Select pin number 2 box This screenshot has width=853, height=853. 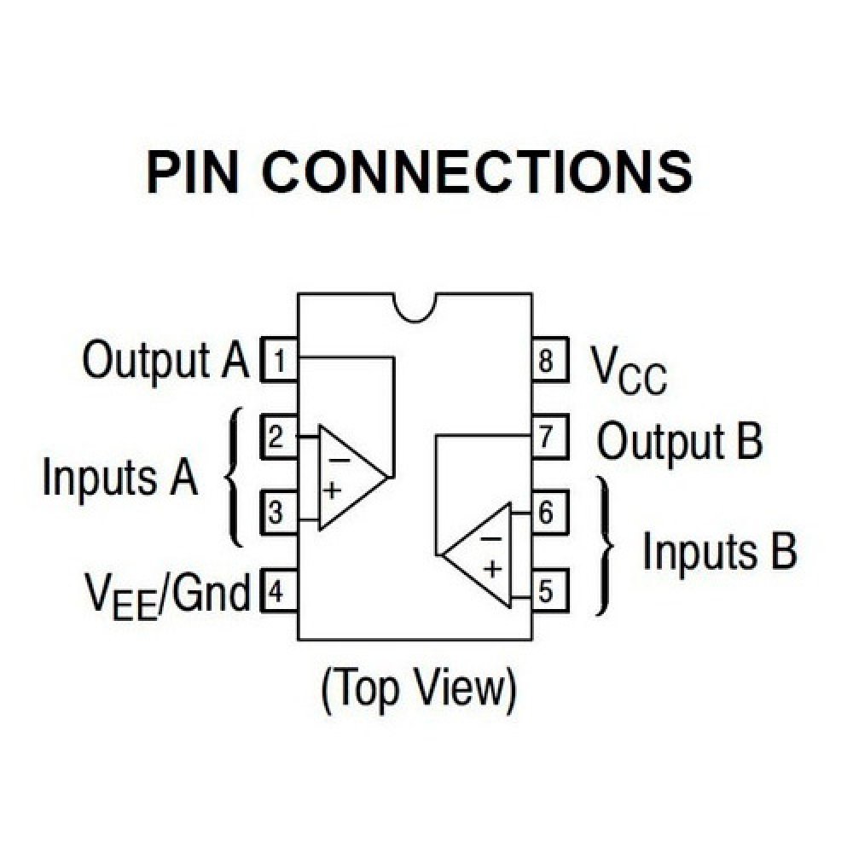[x=278, y=438]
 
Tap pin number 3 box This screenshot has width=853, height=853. [x=278, y=514]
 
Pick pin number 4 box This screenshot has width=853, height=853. [x=278, y=590]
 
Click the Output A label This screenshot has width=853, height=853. [x=165, y=360]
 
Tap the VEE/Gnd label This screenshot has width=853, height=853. [x=167, y=592]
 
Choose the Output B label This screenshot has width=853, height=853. [x=679, y=441]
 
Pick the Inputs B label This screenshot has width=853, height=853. [x=719, y=551]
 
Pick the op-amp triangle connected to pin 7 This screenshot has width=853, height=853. [x=479, y=555]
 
